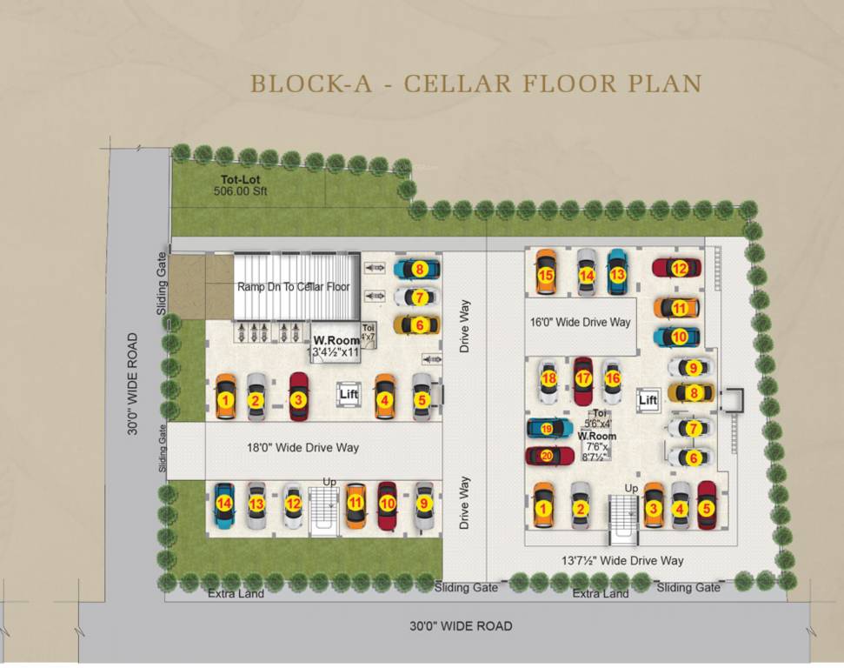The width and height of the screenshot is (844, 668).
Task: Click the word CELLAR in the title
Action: pyautogui.click(x=456, y=83)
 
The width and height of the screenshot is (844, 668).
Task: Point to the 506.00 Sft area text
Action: pyautogui.click(x=237, y=195)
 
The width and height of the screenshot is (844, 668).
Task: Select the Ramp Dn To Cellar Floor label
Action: pyautogui.click(x=295, y=286)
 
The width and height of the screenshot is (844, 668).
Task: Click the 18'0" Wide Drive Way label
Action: pyautogui.click(x=302, y=448)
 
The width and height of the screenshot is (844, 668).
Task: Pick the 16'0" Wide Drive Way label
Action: pyautogui.click(x=580, y=322)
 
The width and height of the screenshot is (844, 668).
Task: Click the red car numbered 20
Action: pyautogui.click(x=546, y=455)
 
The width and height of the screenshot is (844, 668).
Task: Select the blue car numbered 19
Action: pyautogui.click(x=546, y=428)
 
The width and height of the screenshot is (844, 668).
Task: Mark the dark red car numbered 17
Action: pyautogui.click(x=582, y=378)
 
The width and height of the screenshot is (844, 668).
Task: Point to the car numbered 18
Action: pyautogui.click(x=548, y=379)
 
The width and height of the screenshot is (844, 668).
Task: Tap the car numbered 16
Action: pyautogui.click(x=613, y=379)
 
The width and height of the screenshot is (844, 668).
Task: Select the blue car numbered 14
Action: pyautogui.click(x=224, y=504)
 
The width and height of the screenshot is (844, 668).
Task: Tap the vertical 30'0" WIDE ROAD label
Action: pyautogui.click(x=132, y=384)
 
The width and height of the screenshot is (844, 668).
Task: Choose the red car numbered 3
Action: pyautogui.click(x=298, y=399)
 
